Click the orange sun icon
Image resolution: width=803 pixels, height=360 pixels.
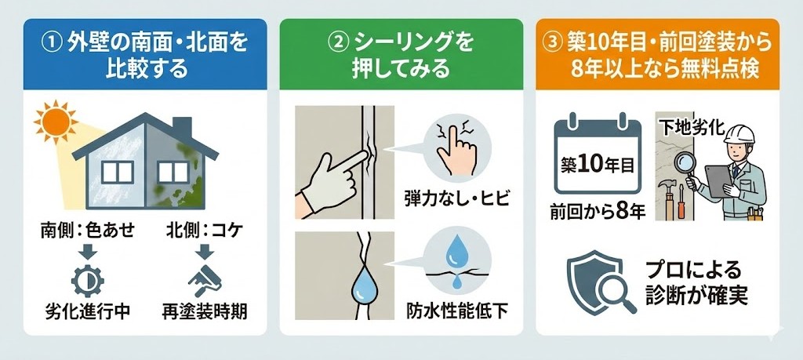(x=56, y=122)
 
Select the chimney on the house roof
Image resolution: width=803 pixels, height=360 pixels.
(x=182, y=128)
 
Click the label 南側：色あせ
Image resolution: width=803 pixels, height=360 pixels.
(x=88, y=231)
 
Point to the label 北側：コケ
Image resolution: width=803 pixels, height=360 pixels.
(x=205, y=231)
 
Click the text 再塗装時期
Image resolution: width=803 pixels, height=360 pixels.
(x=205, y=312)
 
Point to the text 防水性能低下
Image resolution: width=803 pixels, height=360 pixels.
(x=458, y=311)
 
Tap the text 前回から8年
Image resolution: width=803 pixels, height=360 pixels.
(x=597, y=212)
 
